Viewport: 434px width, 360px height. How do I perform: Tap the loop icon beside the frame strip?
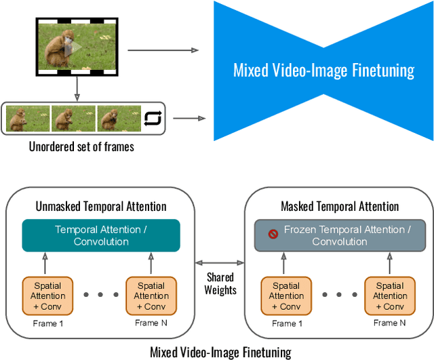tap(153, 119)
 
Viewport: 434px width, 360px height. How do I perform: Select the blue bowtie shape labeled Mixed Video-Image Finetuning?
tap(323, 71)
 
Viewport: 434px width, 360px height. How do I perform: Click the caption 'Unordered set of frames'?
tap(81, 146)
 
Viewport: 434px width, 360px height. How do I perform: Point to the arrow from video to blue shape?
tap(163, 50)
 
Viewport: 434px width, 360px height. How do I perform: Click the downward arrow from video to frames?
tap(77, 87)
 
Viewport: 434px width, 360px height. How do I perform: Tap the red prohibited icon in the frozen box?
tap(273, 234)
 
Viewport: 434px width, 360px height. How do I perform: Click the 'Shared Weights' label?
tap(220, 283)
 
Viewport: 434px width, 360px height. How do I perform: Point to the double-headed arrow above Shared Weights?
tap(220, 262)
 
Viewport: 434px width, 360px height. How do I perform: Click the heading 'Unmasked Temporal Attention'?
tap(101, 206)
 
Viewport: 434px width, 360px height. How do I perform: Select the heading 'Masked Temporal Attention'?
tap(340, 206)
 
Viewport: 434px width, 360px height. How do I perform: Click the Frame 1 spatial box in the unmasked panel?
tap(48, 296)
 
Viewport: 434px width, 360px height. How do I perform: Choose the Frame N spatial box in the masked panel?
tap(390, 296)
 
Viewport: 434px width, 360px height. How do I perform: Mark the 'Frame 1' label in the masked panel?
tap(284, 323)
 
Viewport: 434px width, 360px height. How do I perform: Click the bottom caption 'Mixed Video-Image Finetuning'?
tap(220, 352)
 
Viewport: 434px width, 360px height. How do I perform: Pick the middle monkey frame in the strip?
tap(73, 119)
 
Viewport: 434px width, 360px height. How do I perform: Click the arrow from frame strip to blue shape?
tap(189, 119)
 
